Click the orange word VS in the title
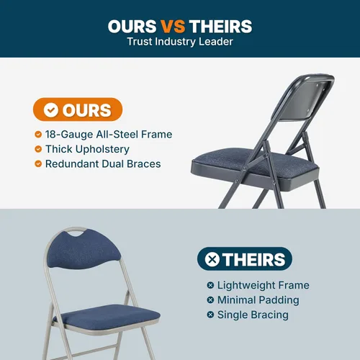click(173, 26)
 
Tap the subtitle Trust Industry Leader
click(180, 42)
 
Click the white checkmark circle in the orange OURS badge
click(51, 110)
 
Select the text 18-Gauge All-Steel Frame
click(109, 135)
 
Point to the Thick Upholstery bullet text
click(87, 149)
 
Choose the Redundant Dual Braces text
click(103, 164)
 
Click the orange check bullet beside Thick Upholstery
click(38, 149)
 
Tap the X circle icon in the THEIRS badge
click(212, 259)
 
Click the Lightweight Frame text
click(264, 285)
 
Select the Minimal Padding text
click(258, 300)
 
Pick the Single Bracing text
click(253, 315)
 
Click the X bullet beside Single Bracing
click(210, 315)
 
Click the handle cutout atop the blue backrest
click(76, 231)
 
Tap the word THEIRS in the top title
click(221, 26)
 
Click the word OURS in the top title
click(132, 26)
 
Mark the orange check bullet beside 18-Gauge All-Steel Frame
click(38, 134)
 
